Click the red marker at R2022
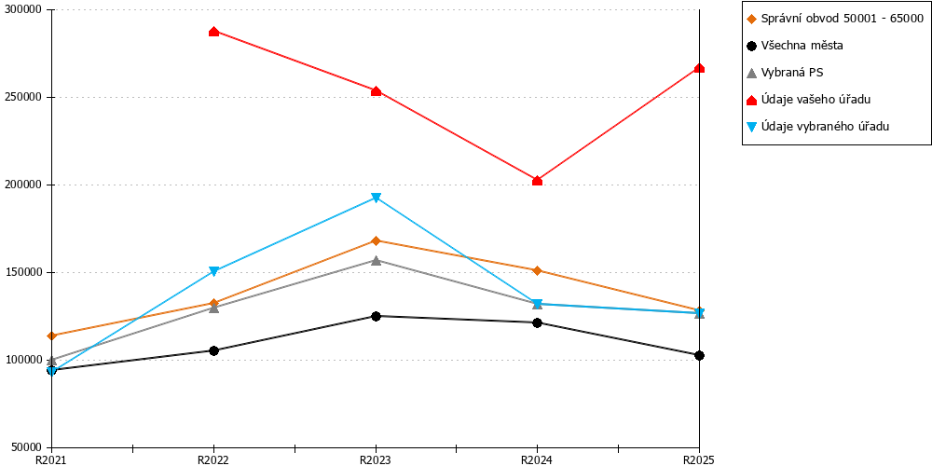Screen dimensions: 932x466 pos(214,32)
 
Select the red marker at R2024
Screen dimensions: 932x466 pos(538,181)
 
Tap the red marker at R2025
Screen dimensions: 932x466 pos(700,68)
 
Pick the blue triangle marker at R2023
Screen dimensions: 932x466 pos(376,198)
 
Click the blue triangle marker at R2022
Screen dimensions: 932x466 pos(214,271)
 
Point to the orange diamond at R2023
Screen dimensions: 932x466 pos(376,240)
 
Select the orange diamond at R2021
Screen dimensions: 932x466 pos(51,336)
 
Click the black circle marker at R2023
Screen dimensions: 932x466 pos(376,316)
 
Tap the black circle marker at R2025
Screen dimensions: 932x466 pos(700,355)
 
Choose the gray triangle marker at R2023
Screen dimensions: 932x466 pos(376,260)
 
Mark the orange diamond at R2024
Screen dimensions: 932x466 pos(538,270)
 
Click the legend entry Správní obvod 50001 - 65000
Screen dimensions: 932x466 pos(834,19)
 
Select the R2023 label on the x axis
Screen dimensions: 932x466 pos(376,459)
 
